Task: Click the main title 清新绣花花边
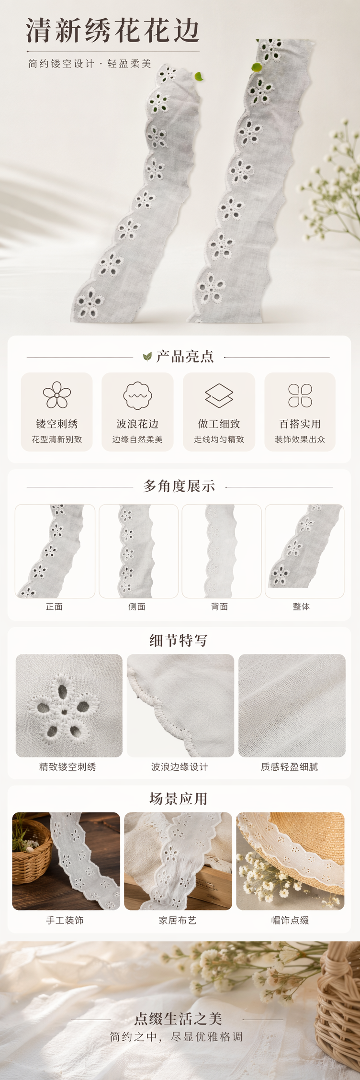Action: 112,30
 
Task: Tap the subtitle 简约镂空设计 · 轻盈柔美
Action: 90,64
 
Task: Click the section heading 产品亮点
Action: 185,357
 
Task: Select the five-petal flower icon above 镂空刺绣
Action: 57,395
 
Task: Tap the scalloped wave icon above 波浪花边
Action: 137,395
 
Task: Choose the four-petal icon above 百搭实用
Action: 300,395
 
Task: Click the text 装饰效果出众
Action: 300,439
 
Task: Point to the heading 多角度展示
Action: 179,486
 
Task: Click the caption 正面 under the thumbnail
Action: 54,607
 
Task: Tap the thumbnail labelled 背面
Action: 222,551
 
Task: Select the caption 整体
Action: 301,607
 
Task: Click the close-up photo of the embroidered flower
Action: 69,706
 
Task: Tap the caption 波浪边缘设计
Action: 180,767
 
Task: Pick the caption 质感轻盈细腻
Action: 289,767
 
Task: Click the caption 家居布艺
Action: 178,920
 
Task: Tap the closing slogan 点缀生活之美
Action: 178,1019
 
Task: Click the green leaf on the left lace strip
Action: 199,76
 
